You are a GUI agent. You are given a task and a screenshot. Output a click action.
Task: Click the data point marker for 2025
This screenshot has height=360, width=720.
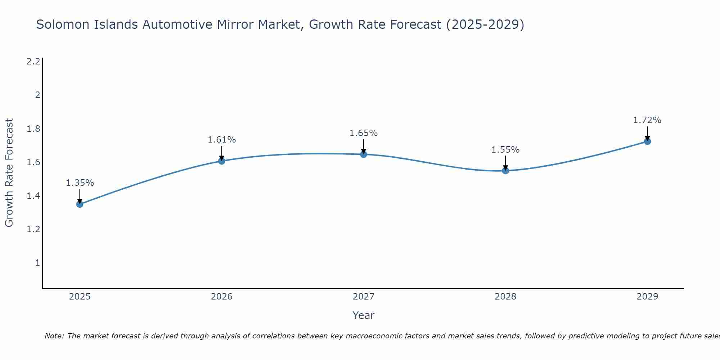80,204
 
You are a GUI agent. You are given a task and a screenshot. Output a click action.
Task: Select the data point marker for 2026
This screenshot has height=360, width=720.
221,161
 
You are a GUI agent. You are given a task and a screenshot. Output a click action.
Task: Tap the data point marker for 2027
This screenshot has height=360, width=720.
363,154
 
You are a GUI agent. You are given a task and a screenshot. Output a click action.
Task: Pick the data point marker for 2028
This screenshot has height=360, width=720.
505,171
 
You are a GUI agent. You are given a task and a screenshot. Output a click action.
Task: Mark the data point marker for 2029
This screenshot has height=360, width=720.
647,141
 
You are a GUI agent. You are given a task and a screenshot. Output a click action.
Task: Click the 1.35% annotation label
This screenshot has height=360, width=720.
80,183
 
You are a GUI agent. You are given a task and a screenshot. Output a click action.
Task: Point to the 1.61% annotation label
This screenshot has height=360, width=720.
221,140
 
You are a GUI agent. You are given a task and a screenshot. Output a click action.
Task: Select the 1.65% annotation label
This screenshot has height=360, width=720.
363,133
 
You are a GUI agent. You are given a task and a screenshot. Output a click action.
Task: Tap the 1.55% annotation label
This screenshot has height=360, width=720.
505,150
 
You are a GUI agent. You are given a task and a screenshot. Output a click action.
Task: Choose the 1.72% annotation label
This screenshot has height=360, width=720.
647,120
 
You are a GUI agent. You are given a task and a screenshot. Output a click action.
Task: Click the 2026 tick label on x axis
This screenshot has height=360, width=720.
221,297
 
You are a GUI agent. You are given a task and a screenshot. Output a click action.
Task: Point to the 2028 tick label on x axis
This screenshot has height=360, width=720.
505,297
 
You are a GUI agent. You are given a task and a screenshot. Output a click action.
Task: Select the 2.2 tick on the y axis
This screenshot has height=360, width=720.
33,62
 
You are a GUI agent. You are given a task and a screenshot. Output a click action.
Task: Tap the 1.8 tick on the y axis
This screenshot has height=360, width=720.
33,129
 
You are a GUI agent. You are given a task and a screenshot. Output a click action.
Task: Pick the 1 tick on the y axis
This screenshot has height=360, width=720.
37,263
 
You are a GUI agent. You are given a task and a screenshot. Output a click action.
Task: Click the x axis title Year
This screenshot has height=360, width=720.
363,315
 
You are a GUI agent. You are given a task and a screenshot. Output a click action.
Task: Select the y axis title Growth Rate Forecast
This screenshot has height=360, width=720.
9,172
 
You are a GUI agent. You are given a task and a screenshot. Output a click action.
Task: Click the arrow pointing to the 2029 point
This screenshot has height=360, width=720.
647,133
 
